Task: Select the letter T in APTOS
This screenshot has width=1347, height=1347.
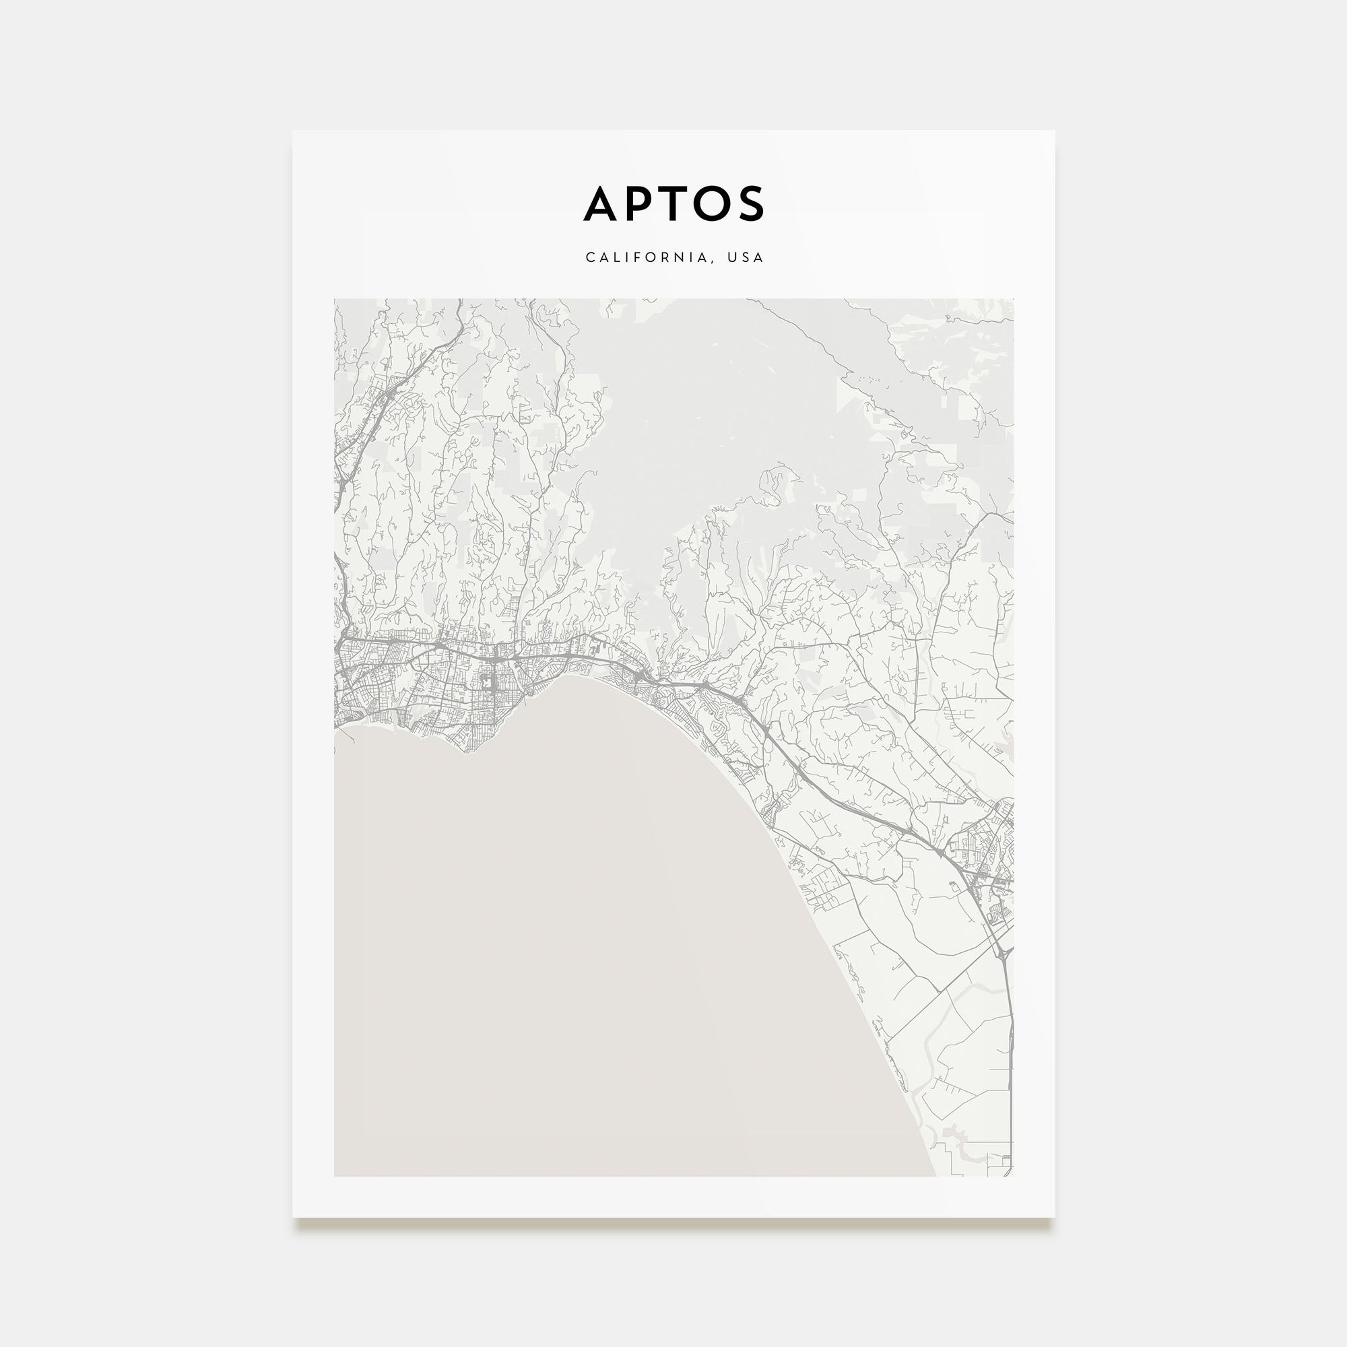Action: coord(673,204)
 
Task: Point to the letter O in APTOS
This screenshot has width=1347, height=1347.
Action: coord(710,204)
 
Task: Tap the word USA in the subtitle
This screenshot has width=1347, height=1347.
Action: coord(746,258)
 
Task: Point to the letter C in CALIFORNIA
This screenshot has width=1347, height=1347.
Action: coord(590,258)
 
